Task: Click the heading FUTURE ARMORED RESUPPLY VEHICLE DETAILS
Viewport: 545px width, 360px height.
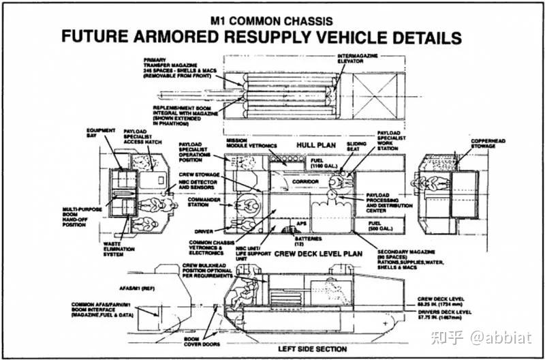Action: (262, 37)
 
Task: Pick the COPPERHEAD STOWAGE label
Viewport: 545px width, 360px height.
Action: (487, 143)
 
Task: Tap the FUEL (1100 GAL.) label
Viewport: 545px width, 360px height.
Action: (324, 163)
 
